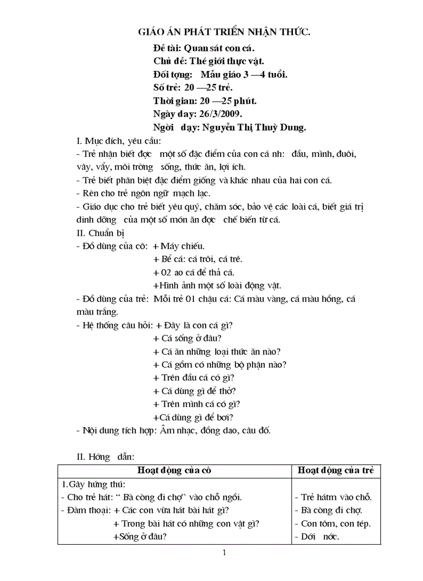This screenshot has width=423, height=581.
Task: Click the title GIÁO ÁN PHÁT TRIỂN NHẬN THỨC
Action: point(223,33)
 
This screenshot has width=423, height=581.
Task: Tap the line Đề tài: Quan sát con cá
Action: point(204,48)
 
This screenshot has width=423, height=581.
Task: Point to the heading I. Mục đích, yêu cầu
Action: point(119,141)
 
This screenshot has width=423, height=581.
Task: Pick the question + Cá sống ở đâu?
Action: point(188,338)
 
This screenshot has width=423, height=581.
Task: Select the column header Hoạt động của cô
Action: point(174,470)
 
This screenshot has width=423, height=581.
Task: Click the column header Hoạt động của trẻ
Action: point(337,470)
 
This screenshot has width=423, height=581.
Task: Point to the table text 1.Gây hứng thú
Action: point(93,484)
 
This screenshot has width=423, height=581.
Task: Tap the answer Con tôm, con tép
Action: point(336,523)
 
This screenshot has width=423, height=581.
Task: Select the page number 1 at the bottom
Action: point(224,553)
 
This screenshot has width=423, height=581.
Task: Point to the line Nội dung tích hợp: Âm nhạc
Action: point(173,430)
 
